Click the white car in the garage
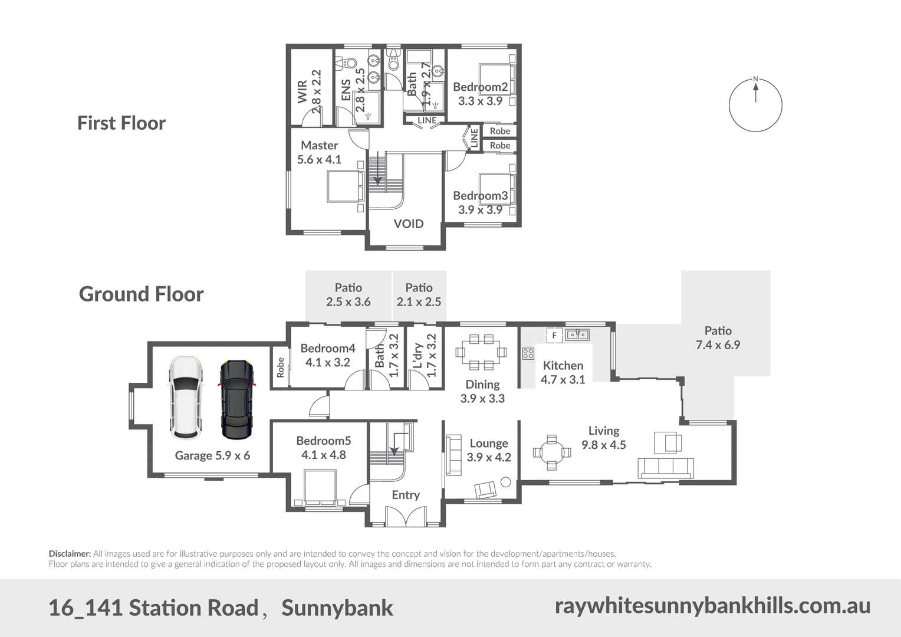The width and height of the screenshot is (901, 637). [x=186, y=398]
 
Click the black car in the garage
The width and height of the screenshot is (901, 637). [x=237, y=399]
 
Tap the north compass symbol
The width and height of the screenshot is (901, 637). [x=755, y=105]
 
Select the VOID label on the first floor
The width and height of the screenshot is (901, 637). [x=408, y=224]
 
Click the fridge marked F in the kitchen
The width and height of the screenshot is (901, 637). [x=554, y=335]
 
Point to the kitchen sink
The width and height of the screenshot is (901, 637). [x=577, y=335]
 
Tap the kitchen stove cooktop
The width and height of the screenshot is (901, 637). [x=528, y=354]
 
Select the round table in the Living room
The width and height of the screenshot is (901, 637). [x=552, y=452]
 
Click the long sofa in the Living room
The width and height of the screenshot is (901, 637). [x=665, y=468]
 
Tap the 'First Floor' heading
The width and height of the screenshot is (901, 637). [x=121, y=123]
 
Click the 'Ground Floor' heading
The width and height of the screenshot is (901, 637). [x=141, y=294]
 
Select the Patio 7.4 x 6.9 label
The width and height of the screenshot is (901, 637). [x=718, y=338]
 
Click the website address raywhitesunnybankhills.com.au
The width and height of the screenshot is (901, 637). [x=712, y=606]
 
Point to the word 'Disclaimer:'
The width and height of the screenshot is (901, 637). [x=70, y=554]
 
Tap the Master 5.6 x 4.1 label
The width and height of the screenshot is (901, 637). [x=319, y=152]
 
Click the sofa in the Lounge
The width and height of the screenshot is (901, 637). [x=453, y=454]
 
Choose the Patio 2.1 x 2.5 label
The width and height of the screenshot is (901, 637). [x=419, y=294]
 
